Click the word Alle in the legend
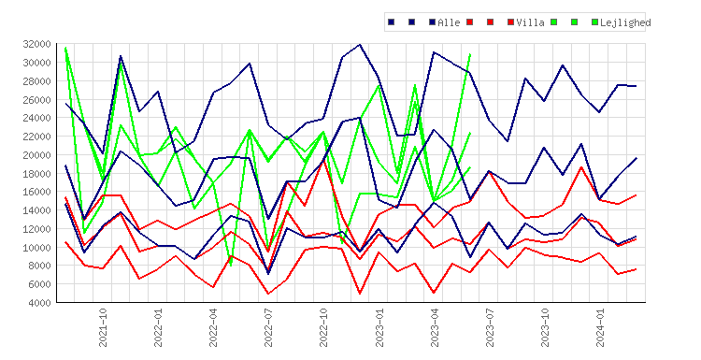449,22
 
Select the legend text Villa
530,22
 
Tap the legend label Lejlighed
625,22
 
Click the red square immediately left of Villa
510,22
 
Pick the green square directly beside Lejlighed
594,22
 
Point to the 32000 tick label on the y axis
36,44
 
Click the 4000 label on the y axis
40,303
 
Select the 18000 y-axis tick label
36,174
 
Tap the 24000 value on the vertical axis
36,118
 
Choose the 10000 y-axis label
36,247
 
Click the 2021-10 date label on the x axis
103,327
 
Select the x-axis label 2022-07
268,327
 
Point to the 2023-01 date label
379,327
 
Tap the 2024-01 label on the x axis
600,327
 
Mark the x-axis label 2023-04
434,327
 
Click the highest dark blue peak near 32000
360,44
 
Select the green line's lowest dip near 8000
231,266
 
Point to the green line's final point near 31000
470,54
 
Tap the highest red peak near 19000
323,160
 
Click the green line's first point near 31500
65,47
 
